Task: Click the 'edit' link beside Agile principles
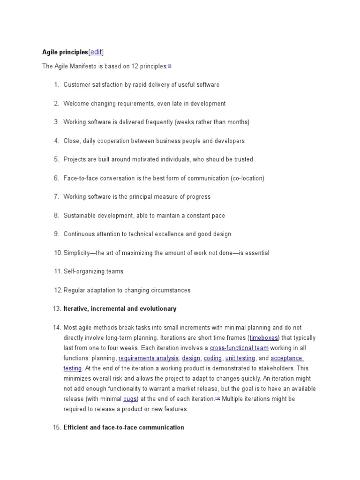[x=96, y=52]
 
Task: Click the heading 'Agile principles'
[x=65, y=52]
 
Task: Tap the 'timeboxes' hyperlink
[x=264, y=337]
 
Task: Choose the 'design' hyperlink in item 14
[x=191, y=358]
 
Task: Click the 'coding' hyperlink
[x=213, y=358]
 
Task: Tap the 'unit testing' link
[x=240, y=358]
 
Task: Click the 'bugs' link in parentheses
[x=130, y=399]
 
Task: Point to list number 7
[x=56, y=197]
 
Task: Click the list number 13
[x=57, y=308]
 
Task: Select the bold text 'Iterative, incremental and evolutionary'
[x=120, y=308]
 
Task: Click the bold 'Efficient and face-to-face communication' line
[x=124, y=427]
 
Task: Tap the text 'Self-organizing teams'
[x=93, y=271]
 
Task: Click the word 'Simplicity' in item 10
[x=76, y=253]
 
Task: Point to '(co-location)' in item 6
[x=247, y=178]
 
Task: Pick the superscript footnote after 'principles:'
[x=169, y=65]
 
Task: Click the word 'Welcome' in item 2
[x=76, y=104]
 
